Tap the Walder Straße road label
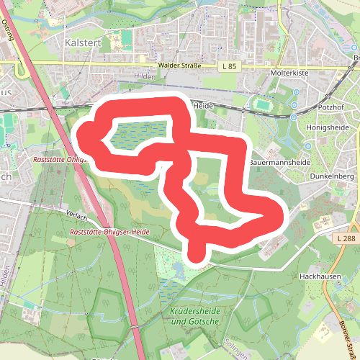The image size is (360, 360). [x=179, y=66]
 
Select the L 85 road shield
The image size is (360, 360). [x=230, y=66]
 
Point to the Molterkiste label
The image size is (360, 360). [x=289, y=73]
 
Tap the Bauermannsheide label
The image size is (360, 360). [x=279, y=163]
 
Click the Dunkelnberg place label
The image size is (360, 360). [x=331, y=176]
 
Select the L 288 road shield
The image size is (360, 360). [x=346, y=237]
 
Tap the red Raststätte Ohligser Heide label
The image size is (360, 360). [x=109, y=232]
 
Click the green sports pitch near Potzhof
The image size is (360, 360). [x=262, y=106]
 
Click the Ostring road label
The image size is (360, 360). [x=8, y=31]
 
